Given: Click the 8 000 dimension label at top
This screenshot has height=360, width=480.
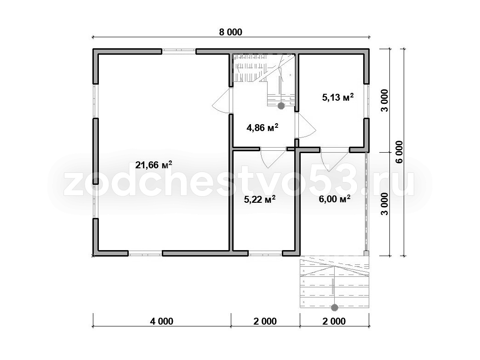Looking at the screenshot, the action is tap(230, 32).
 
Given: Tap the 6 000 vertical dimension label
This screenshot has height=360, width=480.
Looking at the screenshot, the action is tap(399, 152).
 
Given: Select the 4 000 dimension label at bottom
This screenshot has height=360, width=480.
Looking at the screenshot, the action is tap(162, 321).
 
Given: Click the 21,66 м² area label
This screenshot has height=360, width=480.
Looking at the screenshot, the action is tap(154, 165).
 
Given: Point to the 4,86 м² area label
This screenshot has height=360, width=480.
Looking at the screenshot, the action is tap(263, 127).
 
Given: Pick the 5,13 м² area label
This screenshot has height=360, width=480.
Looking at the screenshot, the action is tap(338, 97).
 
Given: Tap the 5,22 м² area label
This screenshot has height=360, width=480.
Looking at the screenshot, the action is tap(260, 200).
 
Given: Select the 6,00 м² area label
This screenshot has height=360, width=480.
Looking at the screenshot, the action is tap(335, 199).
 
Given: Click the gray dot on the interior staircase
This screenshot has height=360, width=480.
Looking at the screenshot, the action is tap(281, 106).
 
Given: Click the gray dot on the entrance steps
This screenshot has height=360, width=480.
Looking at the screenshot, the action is tap(335, 307).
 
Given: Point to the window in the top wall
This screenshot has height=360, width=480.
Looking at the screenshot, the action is tap(179, 51).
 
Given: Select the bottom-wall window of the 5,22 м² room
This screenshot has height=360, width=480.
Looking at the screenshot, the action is tap(265, 253).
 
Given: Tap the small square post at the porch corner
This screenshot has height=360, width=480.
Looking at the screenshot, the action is tap(366, 253).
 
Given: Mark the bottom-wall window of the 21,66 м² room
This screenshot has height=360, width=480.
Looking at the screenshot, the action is tap(145, 253).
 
